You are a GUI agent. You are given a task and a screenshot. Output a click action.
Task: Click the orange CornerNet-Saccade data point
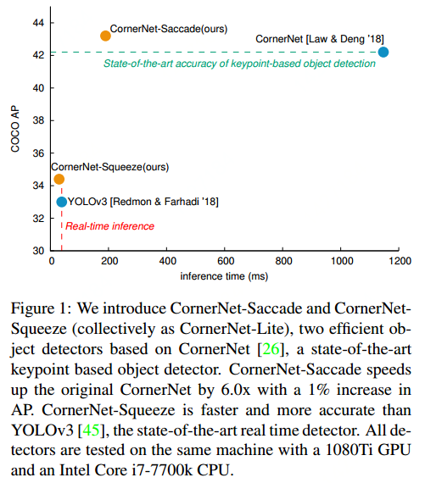coord(106,36)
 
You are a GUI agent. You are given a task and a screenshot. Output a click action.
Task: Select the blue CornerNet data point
coord(383,53)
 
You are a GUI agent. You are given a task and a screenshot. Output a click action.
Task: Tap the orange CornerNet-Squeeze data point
coord(59,179)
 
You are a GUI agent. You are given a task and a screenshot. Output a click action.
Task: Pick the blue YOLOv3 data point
coord(62,202)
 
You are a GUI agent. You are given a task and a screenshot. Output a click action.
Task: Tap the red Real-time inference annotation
coord(110,226)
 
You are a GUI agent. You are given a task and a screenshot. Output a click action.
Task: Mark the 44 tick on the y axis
coord(39,22)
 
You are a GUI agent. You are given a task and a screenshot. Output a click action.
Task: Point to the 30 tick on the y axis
coord(39,251)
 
